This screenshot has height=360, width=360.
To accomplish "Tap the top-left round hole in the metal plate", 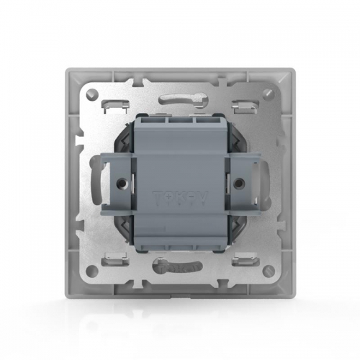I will (x=92, y=93).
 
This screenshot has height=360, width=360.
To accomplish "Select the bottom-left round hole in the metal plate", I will (x=92, y=271).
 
